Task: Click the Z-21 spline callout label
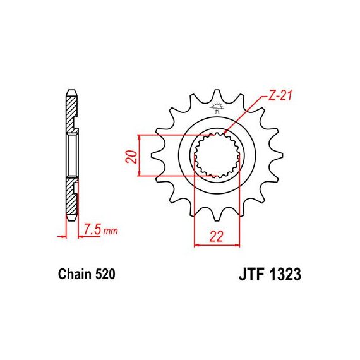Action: [x=280, y=96]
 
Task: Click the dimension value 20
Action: [x=131, y=157]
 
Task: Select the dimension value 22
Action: [x=216, y=236]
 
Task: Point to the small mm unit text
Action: [x=111, y=231]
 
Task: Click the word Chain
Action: [x=75, y=274]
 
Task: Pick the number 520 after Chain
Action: [x=105, y=274]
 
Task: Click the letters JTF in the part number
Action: [x=251, y=274]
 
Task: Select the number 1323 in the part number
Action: [x=285, y=274]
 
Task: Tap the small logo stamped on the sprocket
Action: [x=217, y=107]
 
